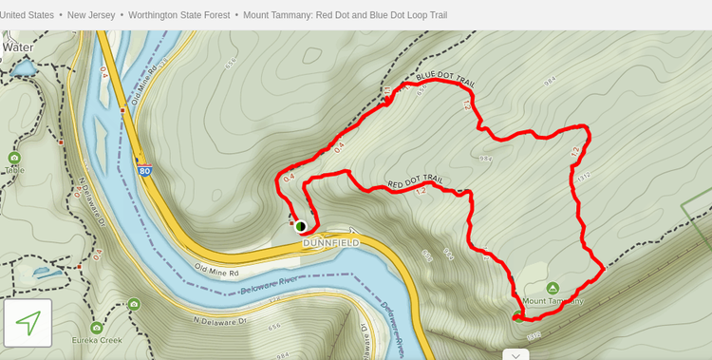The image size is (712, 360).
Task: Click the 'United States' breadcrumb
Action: pos(28,15)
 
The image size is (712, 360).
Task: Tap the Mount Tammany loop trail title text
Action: pos(345,15)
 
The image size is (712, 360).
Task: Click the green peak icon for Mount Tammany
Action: pos(553,288)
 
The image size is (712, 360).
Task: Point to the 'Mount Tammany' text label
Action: pos(553,301)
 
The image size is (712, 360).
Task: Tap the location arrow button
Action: pos(28,323)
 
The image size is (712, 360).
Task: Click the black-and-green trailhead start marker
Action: pos(300,226)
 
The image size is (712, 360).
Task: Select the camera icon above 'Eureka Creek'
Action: pos(134,304)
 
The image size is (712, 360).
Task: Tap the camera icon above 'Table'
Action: pos(13,158)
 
